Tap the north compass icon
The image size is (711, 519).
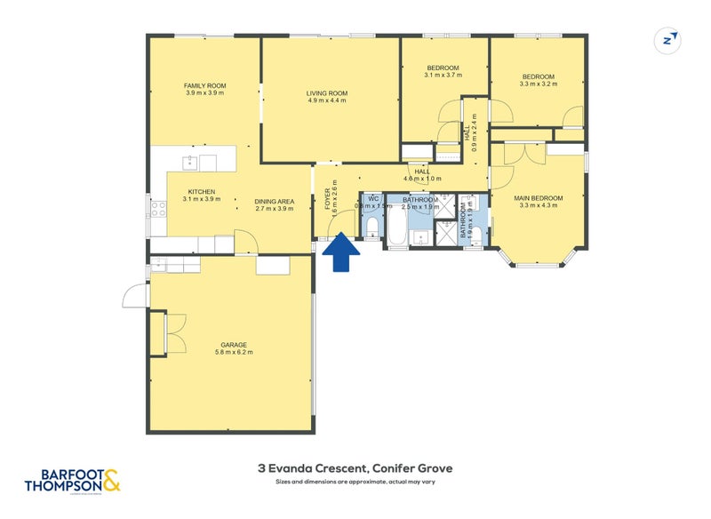(667, 39)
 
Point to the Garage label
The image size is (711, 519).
(234, 345)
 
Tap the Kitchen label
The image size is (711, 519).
(202, 192)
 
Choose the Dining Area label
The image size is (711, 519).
(274, 201)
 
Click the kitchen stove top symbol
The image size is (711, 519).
(158, 210)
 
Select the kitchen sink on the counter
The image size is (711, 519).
(188, 162)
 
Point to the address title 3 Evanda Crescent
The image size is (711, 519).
(355, 468)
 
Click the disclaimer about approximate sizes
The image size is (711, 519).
(355, 482)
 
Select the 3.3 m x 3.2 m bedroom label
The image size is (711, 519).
(538, 80)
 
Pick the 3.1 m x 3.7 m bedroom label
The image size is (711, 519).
(443, 72)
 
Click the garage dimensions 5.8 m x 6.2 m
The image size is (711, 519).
(234, 353)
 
